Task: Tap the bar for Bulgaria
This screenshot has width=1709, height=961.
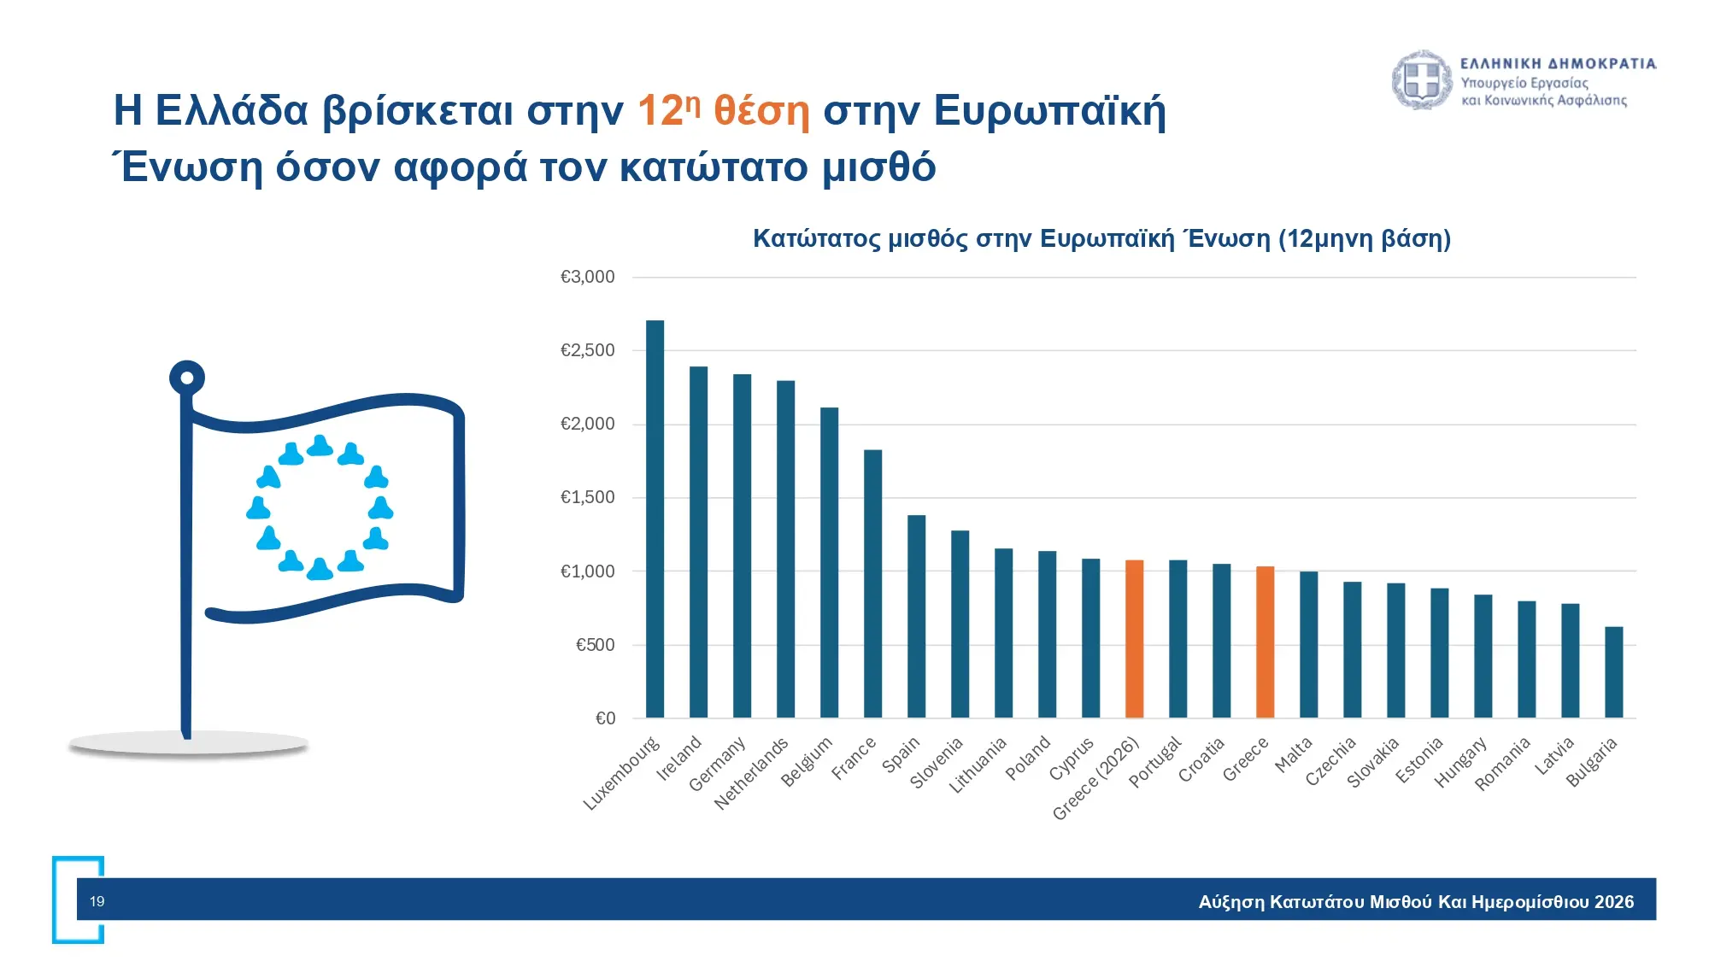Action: pyautogui.click(x=1613, y=672)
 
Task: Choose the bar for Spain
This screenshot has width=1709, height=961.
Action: pyautogui.click(x=916, y=616)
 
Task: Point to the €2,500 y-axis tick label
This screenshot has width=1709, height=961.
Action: pyautogui.click(x=587, y=350)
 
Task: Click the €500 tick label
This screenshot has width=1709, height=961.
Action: pyautogui.click(x=595, y=645)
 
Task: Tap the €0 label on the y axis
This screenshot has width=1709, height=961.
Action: pyautogui.click(x=605, y=718)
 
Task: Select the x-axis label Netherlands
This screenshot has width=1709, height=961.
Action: pyautogui.click(x=751, y=773)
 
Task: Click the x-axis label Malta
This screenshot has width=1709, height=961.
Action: pyautogui.click(x=1293, y=755)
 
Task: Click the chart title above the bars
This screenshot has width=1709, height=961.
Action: pyautogui.click(x=1101, y=238)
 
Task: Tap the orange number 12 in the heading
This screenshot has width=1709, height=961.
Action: pyautogui.click(x=661, y=111)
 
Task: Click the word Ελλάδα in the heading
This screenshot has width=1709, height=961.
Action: pyautogui.click(x=232, y=111)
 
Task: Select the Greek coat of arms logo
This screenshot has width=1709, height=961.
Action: pyautogui.click(x=1422, y=79)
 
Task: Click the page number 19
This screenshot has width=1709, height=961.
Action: pyautogui.click(x=97, y=901)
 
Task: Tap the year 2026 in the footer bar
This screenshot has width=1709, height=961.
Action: pyautogui.click(x=1613, y=902)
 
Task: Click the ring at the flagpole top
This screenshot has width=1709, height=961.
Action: pyautogui.click(x=187, y=378)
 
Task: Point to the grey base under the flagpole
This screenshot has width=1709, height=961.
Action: pyautogui.click(x=188, y=745)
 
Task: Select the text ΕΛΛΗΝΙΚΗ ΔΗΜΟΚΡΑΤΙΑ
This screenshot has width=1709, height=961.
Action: pyautogui.click(x=1558, y=63)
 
